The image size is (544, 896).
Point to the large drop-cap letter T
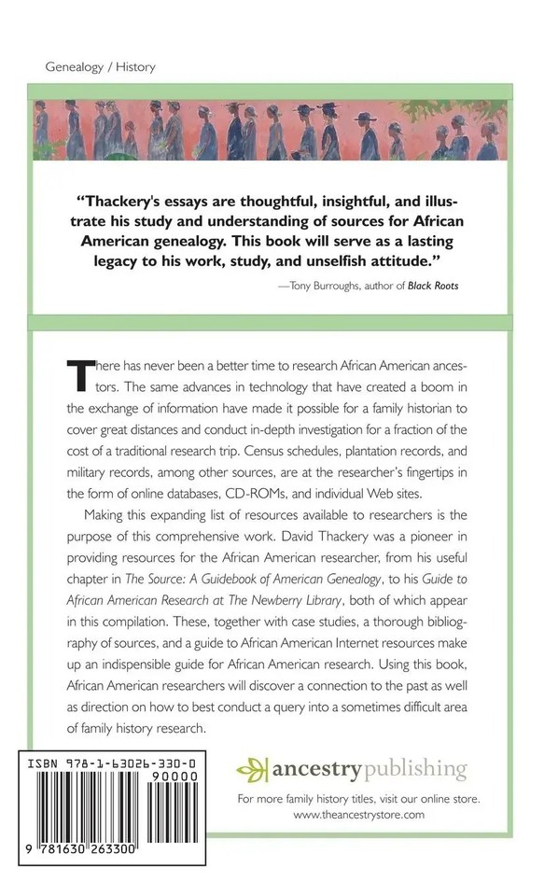click(x=80, y=374)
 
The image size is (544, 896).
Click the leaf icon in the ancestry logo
click(x=251, y=771)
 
